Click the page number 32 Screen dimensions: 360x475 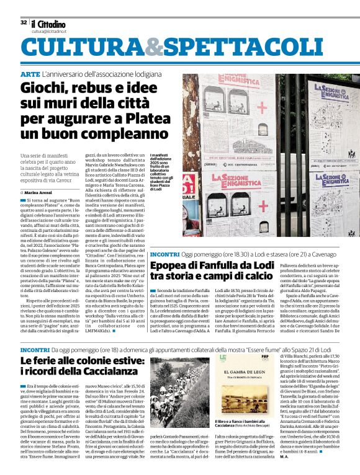23,22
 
